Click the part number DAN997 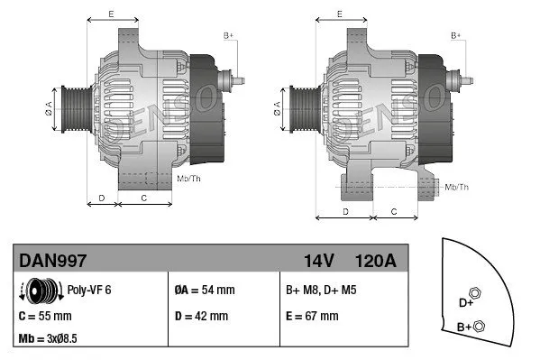pyautogui.click(x=53, y=261)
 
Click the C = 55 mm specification pyautogui.click(x=45, y=317)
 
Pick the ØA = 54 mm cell pyautogui.click(x=204, y=291)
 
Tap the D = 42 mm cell pyautogui.click(x=200, y=317)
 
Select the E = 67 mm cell pyautogui.click(x=312, y=317)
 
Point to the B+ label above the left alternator pyautogui.click(x=229, y=35)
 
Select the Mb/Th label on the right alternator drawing pyautogui.click(x=458, y=187)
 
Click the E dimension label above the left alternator pyautogui.click(x=111, y=14)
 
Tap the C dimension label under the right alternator pyautogui.click(x=393, y=210)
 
